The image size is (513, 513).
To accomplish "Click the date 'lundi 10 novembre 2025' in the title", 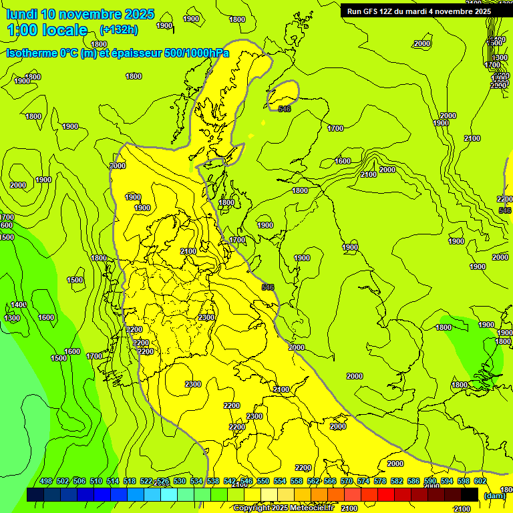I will coord(80,14).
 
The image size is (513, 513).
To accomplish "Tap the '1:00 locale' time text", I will coord(47,30).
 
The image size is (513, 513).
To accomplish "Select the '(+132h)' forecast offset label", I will coord(118,29).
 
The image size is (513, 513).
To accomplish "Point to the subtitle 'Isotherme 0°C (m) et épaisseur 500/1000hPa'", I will coord(118,53).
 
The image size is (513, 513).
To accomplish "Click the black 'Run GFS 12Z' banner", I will coord(419,11).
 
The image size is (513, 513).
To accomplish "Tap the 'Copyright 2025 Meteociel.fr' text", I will coord(283,508).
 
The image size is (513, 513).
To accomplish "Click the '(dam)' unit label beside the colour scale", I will coord(494,495).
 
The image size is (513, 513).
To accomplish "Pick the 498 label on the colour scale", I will coord(46,481).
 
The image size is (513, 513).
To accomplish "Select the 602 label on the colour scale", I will coord(480,481).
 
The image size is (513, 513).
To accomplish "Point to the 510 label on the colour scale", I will coord(96,481).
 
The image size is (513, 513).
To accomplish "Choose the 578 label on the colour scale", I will coord(380,481).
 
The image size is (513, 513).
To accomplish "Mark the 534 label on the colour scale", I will coord(196,481).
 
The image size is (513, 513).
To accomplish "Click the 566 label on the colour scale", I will coord(330,481).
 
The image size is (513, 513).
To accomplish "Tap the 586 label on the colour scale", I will coord(413,481).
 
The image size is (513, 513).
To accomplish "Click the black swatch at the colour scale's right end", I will coord(470,495).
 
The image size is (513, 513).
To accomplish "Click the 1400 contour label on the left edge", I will coord(19,305).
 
